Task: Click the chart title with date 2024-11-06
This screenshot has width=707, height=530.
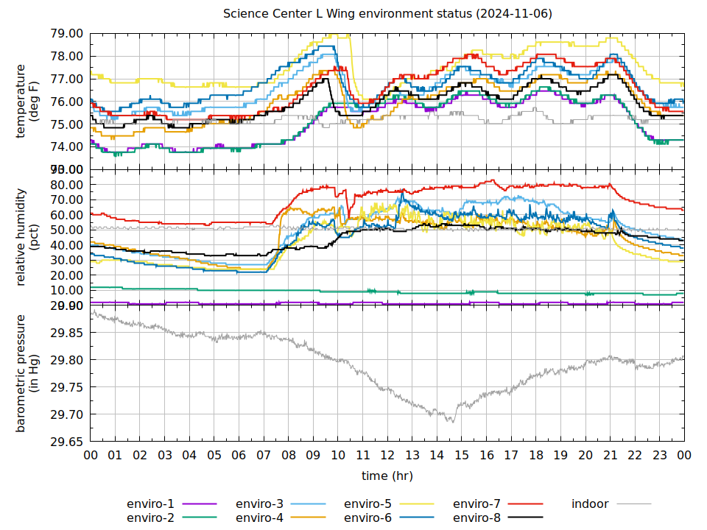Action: tap(387, 14)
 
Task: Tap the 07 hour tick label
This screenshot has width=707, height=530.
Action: tap(264, 456)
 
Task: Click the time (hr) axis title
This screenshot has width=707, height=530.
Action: tap(387, 476)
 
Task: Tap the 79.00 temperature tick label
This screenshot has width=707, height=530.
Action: tap(66, 34)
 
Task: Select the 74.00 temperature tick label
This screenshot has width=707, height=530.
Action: tap(66, 146)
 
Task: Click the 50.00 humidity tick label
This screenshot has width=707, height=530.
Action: tap(66, 230)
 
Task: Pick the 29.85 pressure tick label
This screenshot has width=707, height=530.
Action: tap(66, 333)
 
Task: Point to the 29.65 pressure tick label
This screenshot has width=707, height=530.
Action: tap(66, 442)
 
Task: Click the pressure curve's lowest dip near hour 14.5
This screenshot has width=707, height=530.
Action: tap(451, 421)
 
